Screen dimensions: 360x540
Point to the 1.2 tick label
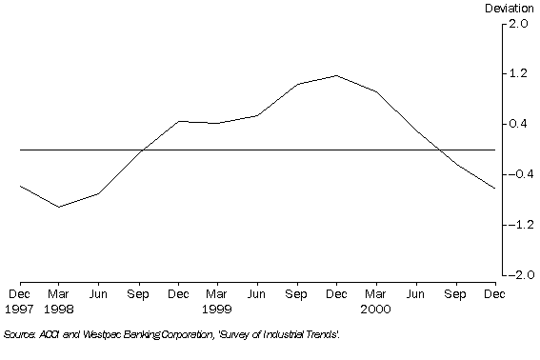click(517, 73)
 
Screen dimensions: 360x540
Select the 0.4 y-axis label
click(517, 124)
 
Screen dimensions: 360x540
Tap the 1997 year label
click(20, 308)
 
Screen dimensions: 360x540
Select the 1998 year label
click(59, 308)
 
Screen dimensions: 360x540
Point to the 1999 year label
click(217, 308)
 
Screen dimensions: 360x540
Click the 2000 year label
click(375, 308)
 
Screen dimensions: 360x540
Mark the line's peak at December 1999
click(336, 75)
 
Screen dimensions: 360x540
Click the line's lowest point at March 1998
click(59, 207)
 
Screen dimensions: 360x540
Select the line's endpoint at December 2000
click(494, 189)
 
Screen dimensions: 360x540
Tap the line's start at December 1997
click(20, 187)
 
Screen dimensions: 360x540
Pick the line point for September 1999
click(296, 85)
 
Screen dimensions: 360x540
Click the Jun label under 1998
click(99, 294)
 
